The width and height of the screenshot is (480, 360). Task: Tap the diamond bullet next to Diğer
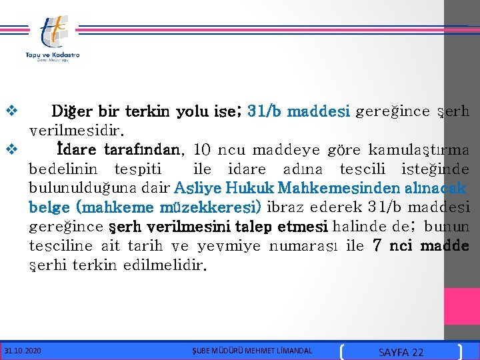click(x=11, y=111)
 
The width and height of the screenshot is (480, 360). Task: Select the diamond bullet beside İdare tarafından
click(x=11, y=150)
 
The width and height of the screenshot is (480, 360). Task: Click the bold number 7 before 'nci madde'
click(x=377, y=246)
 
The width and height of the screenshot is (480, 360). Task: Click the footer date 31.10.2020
click(x=22, y=350)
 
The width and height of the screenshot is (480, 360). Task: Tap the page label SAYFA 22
click(x=400, y=351)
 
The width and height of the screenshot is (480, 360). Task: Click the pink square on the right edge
click(x=461, y=306)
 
